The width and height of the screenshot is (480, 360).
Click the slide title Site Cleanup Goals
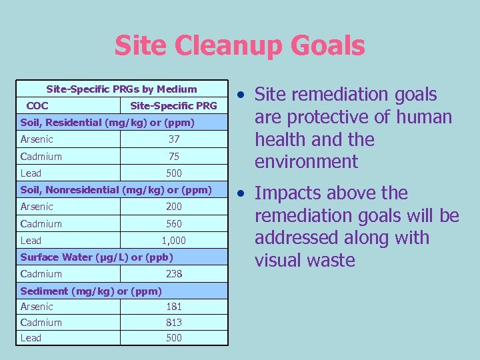239,46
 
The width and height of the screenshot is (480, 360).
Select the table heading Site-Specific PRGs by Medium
121,89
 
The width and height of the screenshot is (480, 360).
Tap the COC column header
37,105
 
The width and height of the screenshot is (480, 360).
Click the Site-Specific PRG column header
173,105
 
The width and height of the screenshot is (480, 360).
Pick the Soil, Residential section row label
107,123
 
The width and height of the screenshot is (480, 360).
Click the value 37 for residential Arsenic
173,139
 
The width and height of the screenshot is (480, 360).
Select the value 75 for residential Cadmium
173,157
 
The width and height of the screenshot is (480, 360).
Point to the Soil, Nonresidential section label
116,190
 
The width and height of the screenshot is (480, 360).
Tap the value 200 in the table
173,207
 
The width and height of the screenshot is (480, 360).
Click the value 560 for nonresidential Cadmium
173,224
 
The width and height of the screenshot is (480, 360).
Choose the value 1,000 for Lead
173,241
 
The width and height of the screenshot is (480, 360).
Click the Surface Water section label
97,257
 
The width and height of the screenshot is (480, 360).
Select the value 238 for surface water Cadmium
173,274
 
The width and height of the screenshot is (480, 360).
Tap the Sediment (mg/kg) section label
91,291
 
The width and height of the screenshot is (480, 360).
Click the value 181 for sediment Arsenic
173,307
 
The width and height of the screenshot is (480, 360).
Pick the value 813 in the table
173,323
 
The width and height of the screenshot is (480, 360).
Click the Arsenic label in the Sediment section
37,307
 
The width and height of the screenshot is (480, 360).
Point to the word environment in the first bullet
307,162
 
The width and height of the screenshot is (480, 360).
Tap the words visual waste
305,260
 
